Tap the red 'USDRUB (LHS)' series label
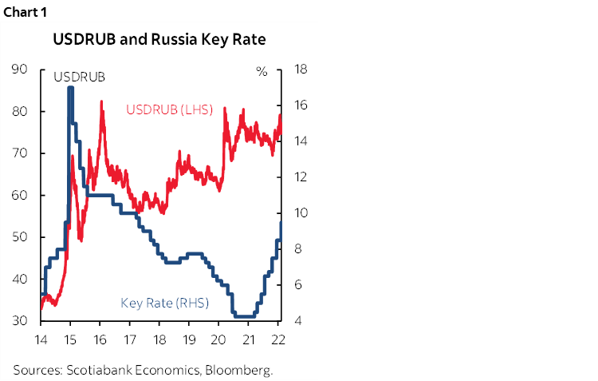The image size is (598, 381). [169, 109]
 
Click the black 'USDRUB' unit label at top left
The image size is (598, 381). [79, 77]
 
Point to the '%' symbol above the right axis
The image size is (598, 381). [262, 71]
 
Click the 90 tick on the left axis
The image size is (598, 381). [21, 69]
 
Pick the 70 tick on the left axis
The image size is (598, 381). [21, 153]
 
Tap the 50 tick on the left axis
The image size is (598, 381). [21, 237]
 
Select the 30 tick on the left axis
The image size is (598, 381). [21, 321]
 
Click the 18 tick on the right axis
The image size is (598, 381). [301, 69]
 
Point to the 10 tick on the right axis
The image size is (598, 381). [301, 213]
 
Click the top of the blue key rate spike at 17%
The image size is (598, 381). [70, 88]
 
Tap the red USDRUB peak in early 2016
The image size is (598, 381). [101, 101]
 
